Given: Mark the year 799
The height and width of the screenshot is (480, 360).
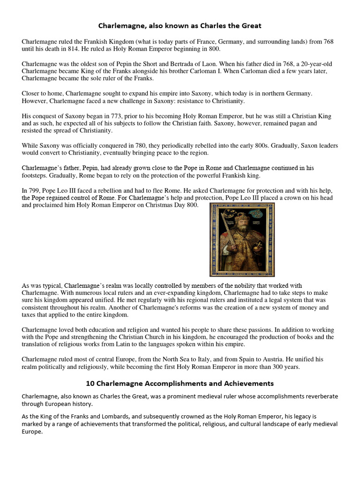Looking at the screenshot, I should point(34,190).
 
